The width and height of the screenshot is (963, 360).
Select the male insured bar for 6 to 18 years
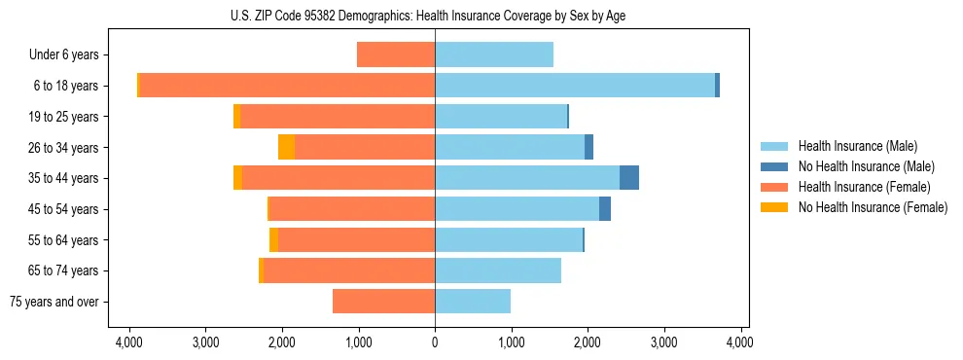click(574, 86)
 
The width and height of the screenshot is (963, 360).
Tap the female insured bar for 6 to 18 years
click(287, 86)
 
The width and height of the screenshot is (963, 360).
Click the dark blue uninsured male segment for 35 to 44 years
click(628, 178)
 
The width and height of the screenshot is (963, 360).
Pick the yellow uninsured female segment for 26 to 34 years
click(286, 147)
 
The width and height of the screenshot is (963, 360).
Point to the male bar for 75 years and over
click(473, 302)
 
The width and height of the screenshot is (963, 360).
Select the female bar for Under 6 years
click(396, 54)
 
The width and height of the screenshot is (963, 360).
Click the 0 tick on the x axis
click(435, 342)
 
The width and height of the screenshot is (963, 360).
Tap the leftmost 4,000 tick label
click(129, 342)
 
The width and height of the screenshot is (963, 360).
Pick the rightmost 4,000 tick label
click(740, 342)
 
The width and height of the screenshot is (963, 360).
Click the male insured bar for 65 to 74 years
click(498, 270)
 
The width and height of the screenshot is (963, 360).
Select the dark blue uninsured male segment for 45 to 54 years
click(605, 209)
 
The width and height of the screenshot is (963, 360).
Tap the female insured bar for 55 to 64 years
click(356, 239)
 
